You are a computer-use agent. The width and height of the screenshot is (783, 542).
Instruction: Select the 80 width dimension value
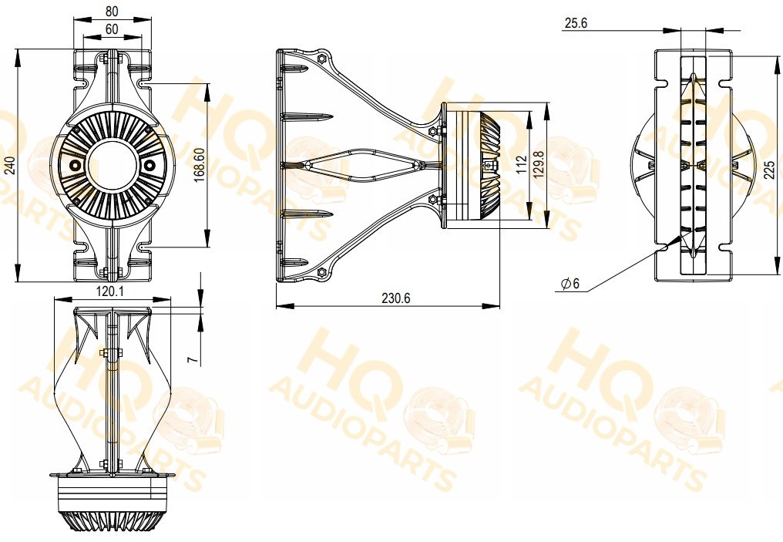coord(113,12)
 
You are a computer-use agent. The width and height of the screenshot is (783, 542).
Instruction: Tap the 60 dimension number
coord(112,29)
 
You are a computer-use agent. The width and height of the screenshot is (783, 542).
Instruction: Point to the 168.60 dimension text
coord(200,164)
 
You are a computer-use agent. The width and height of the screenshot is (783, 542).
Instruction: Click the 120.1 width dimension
coord(110,291)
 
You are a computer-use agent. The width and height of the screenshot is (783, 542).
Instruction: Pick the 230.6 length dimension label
coord(396,298)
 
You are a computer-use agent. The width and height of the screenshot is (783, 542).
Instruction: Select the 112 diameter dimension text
coord(521,165)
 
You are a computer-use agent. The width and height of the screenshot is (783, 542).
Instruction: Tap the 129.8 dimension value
coord(539,165)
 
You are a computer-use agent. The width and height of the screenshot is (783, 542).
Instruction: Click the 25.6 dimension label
coord(576,23)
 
